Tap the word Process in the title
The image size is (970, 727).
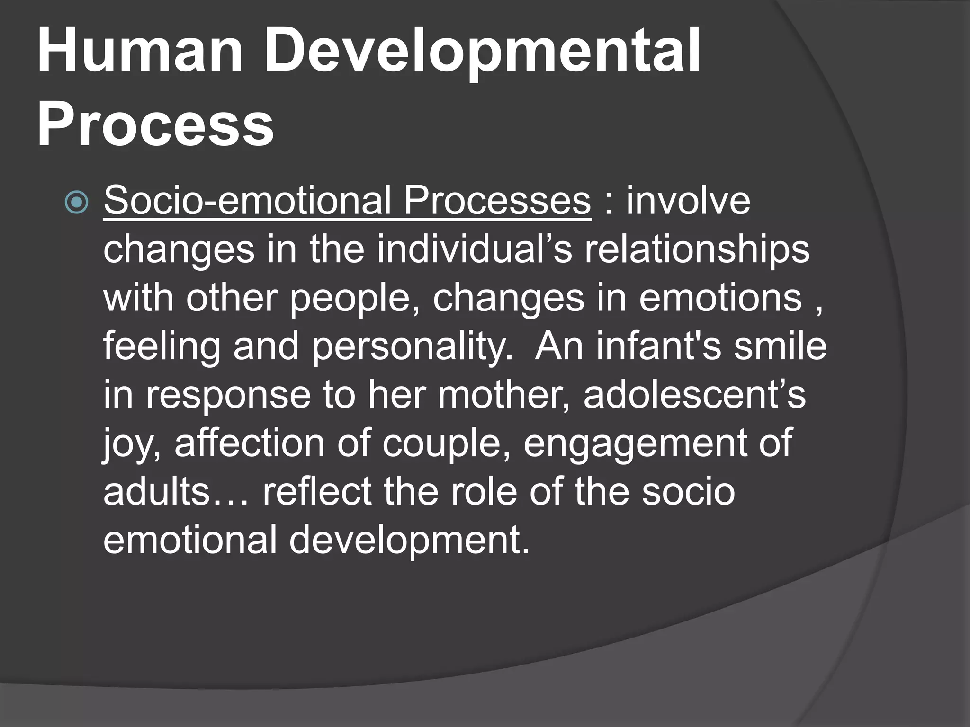tap(155, 125)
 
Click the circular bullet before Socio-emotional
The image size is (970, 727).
tap(76, 202)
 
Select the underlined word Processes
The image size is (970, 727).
tap(497, 201)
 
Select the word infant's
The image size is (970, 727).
tap(658, 346)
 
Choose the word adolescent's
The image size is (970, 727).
tap(694, 395)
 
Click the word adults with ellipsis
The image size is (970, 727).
tap(175, 491)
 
